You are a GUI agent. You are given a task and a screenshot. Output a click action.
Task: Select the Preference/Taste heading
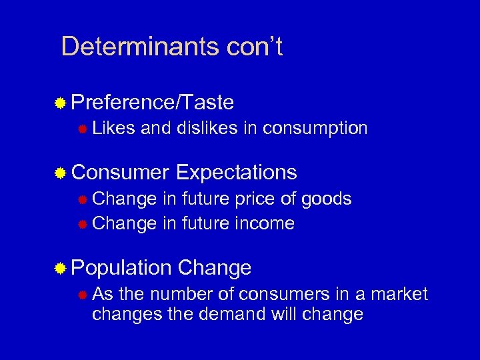pyautogui.click(x=152, y=102)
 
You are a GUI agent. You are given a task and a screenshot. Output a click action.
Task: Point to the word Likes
pyautogui.click(x=113, y=128)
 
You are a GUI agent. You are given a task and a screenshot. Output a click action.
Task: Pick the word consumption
pyautogui.click(x=315, y=128)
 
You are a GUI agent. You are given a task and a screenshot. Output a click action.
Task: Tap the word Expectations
pyautogui.click(x=237, y=173)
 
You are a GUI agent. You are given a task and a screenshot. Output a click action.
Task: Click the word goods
pyautogui.click(x=326, y=199)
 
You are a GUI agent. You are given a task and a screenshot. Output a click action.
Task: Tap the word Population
pyautogui.click(x=121, y=268)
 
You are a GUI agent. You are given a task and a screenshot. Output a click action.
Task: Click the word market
pyautogui.click(x=398, y=294)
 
